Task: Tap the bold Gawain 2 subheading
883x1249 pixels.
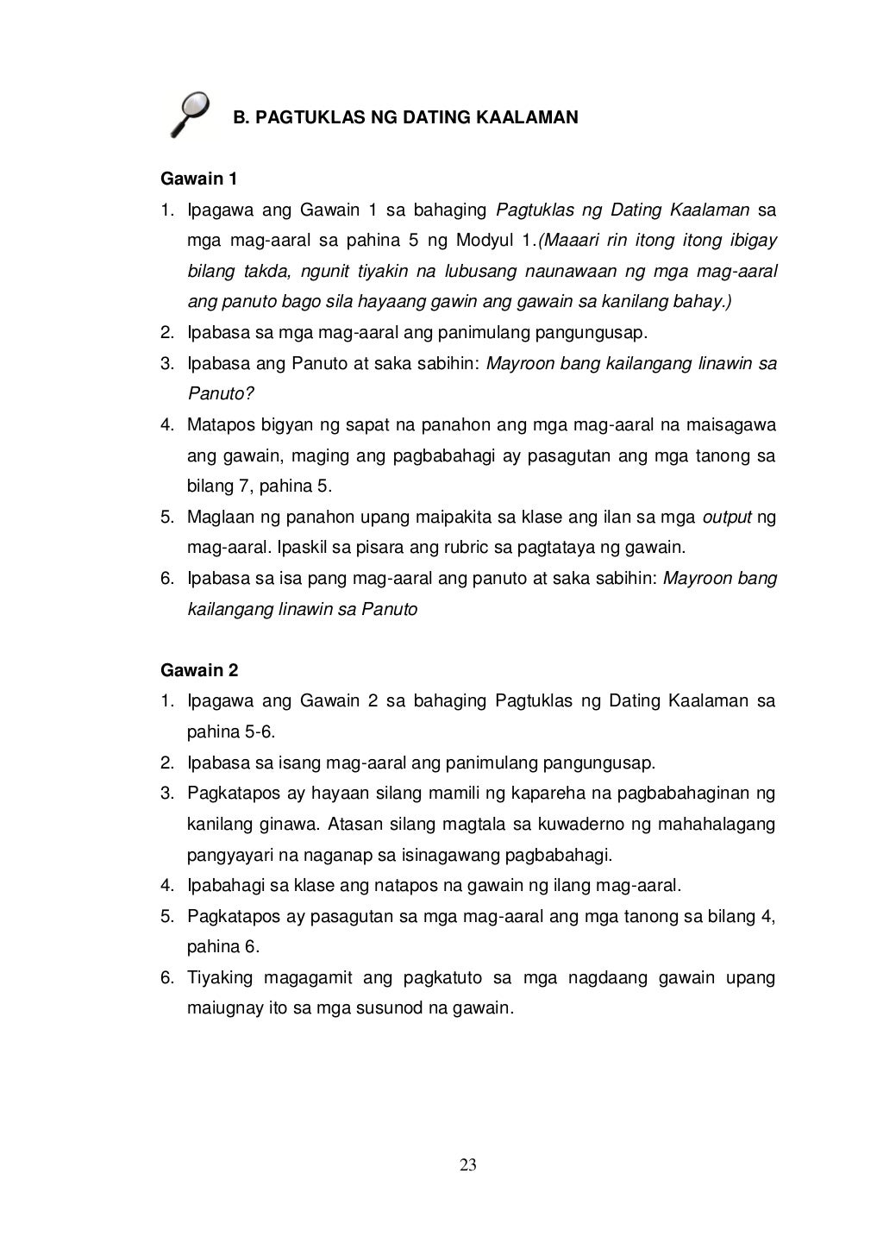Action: (x=199, y=670)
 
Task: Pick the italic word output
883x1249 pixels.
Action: (x=728, y=518)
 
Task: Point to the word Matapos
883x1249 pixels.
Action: (x=216, y=425)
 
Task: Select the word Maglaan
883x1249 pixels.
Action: (x=219, y=518)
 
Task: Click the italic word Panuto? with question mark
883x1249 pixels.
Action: (x=221, y=394)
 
